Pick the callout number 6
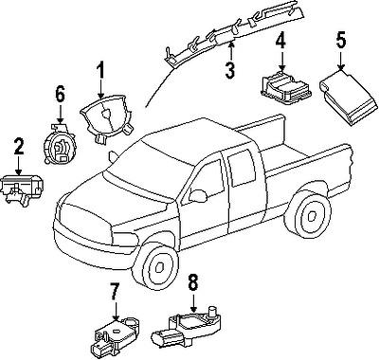click(x=60, y=95)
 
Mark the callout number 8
click(x=192, y=281)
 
